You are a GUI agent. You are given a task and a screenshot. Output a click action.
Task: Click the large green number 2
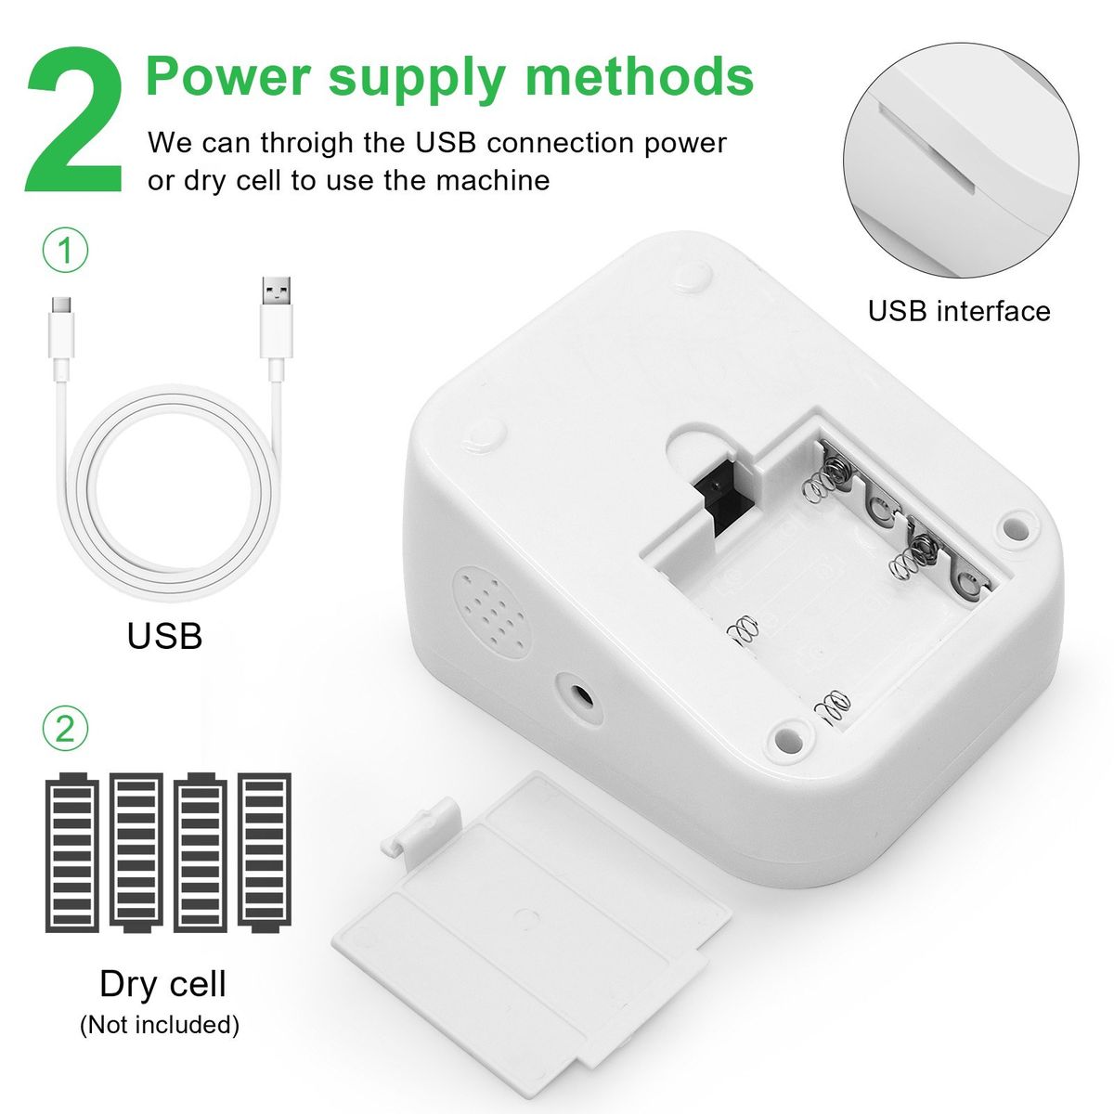[74, 121]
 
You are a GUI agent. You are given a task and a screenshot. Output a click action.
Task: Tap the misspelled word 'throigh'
[306, 143]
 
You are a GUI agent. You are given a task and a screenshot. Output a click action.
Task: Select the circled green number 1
[65, 252]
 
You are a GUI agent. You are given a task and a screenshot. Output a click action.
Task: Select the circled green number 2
[65, 729]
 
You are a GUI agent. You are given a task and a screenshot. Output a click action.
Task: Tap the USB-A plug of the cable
[276, 327]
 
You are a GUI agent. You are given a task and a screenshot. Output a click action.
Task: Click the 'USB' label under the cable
[164, 636]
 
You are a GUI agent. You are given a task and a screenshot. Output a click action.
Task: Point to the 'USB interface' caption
[959, 311]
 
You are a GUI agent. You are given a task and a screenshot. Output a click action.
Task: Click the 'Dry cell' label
[162, 984]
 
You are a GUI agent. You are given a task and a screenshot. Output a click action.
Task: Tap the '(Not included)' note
[160, 1025]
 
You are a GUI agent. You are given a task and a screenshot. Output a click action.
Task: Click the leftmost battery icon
[72, 853]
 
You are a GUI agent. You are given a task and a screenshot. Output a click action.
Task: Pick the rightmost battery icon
[265, 853]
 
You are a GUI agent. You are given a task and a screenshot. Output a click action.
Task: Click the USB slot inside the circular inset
[926, 149]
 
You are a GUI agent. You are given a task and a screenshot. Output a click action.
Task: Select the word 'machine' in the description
[493, 181]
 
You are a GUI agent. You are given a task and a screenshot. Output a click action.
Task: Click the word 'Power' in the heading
[229, 76]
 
